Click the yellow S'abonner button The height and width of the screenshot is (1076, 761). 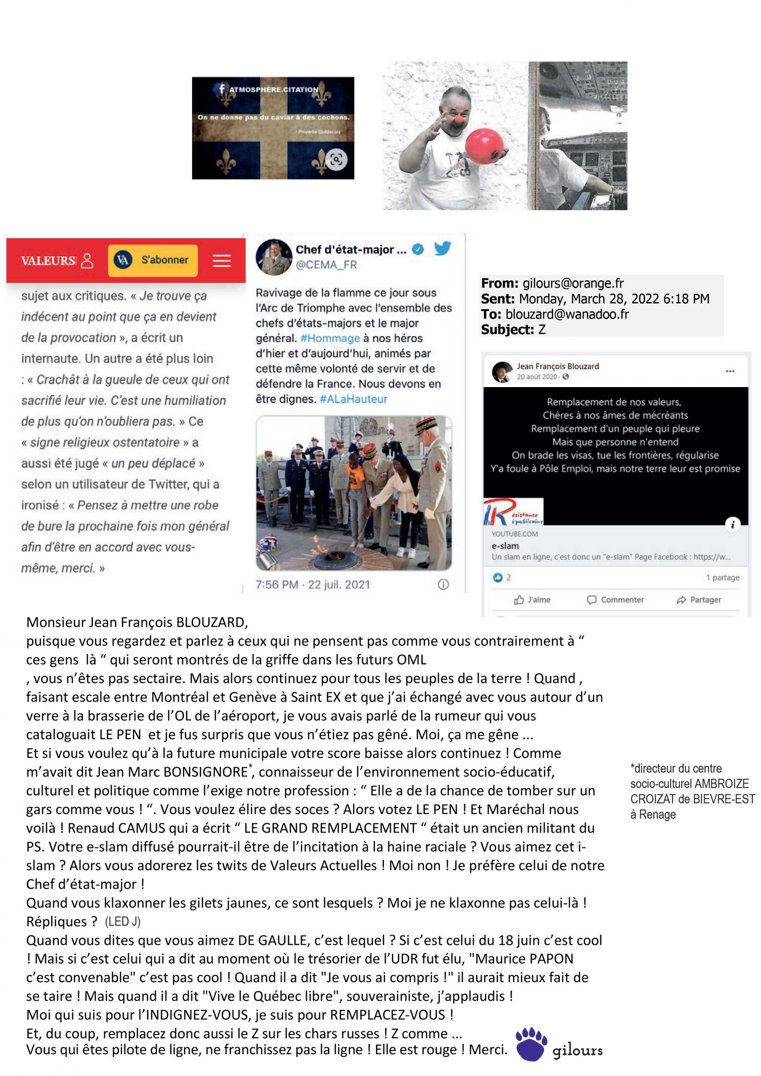(153, 260)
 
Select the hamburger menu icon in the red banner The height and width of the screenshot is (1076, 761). (221, 261)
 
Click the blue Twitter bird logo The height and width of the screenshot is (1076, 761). (442, 248)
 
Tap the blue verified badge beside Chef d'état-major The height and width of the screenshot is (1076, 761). (417, 249)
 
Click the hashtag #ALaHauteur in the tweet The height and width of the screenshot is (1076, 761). (354, 399)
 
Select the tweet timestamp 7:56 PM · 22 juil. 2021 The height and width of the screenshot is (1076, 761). (312, 584)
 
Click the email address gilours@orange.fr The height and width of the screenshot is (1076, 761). (573, 283)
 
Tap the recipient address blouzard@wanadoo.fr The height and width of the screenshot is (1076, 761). (567, 314)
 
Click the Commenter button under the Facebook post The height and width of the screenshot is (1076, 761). (616, 599)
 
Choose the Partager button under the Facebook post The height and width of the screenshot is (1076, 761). (699, 599)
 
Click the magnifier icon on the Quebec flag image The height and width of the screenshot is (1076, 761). (336, 159)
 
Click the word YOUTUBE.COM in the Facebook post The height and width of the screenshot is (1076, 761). (514, 534)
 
